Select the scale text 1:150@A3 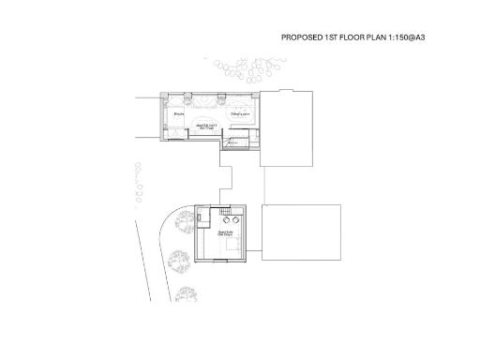pyautogui.click(x=417, y=38)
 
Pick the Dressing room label pyautogui.click(x=241, y=112)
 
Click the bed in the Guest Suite pyautogui.click(x=230, y=246)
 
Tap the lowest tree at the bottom pyautogui.click(x=185, y=294)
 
